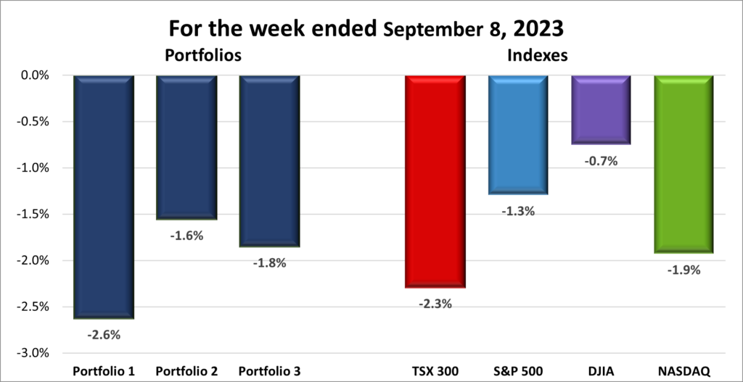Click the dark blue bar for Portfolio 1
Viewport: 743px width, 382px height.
tap(103, 196)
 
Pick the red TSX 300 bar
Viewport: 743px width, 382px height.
tap(435, 181)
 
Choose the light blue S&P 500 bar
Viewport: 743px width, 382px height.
tap(517, 135)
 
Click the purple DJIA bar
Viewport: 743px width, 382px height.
tap(600, 109)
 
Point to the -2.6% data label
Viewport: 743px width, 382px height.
tap(103, 335)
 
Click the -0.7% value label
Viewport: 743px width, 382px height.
tap(600, 161)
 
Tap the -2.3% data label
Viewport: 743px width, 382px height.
tap(435, 304)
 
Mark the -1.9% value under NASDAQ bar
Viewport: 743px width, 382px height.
tap(684, 270)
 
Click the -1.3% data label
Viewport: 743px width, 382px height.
tap(517, 211)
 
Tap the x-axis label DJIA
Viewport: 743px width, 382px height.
tap(600, 371)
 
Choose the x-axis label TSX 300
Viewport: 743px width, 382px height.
tap(435, 371)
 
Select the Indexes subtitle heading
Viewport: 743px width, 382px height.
tap(536, 55)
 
